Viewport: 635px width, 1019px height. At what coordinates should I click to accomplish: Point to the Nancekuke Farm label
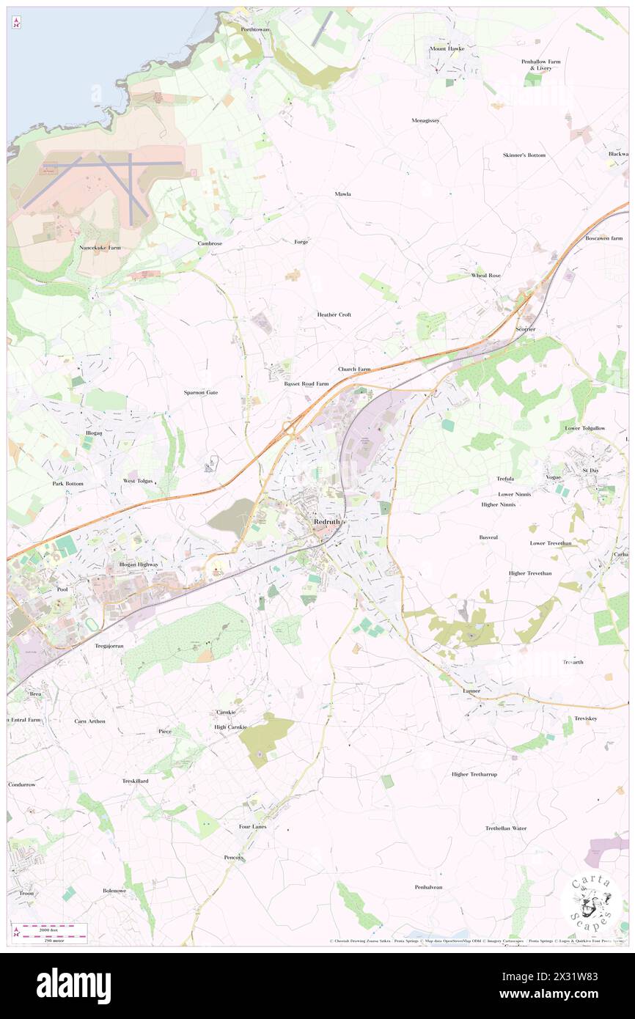point(100,248)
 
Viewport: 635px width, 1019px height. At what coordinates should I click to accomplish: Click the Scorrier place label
point(524,329)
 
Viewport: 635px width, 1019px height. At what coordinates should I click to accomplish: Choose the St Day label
point(590,469)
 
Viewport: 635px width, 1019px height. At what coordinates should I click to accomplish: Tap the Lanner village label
point(471,691)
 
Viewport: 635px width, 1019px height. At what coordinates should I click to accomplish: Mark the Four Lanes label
point(253,826)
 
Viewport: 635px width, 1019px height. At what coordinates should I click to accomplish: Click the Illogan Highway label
point(139,564)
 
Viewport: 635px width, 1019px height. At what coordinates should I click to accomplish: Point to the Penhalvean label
point(428,887)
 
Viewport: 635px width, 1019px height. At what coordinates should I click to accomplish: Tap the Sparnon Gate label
point(201,392)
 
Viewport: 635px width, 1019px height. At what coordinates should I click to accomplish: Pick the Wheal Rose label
point(485,275)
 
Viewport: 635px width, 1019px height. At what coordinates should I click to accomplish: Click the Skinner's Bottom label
point(524,155)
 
